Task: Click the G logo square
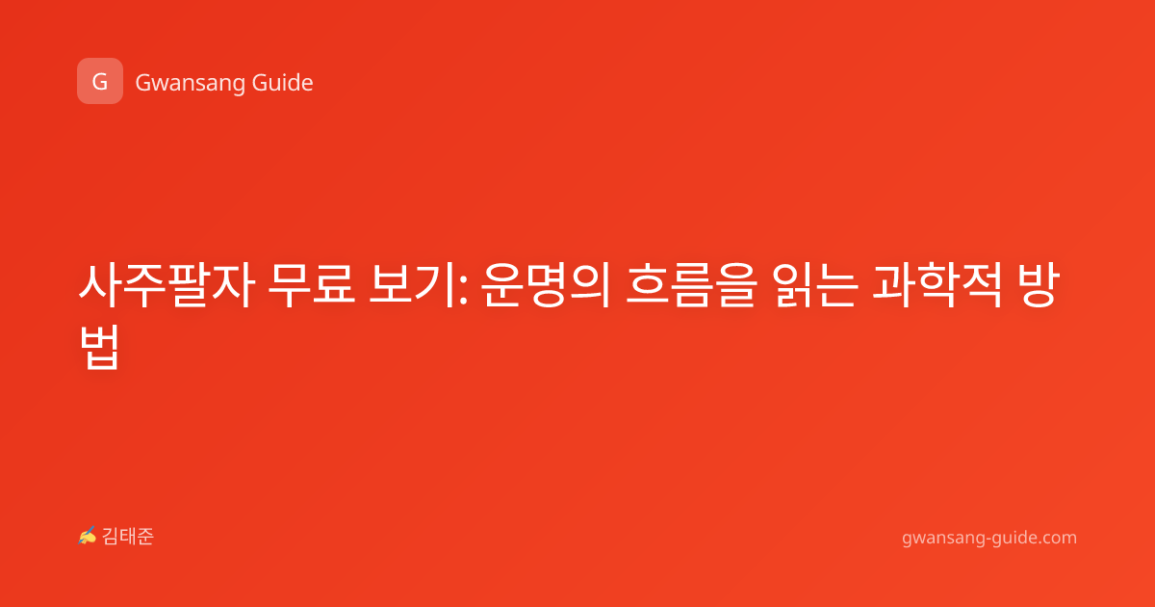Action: point(100,81)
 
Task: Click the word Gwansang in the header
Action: point(190,84)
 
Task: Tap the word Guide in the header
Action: point(283,83)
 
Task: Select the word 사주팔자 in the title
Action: point(167,285)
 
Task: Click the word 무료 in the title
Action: point(312,285)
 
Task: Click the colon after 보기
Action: point(463,289)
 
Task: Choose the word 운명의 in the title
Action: point(546,285)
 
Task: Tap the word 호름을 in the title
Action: point(691,285)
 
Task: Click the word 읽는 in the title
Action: point(814,285)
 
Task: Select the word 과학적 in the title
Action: point(937,285)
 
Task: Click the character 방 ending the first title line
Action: point(1039,285)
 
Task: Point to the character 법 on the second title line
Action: point(100,347)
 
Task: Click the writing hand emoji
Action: point(88,536)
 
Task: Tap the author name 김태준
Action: point(128,537)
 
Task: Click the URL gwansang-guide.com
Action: point(989,538)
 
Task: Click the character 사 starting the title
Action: point(100,285)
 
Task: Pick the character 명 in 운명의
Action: point(546,285)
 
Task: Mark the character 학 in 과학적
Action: point(937,285)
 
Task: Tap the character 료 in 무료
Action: point(334,285)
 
